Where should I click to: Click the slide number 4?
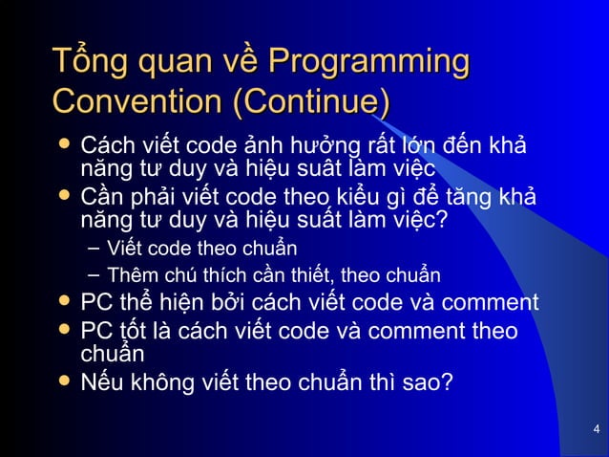point(596,427)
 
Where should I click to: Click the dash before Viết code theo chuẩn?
point(92,250)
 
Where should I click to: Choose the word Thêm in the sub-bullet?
point(129,277)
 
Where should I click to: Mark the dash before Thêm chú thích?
point(92,277)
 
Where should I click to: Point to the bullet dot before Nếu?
point(63,382)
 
